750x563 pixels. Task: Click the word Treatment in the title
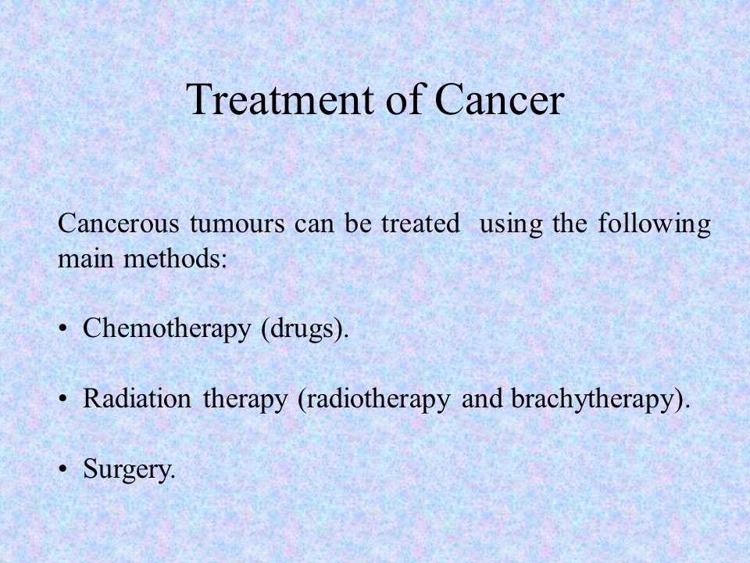pyautogui.click(x=280, y=99)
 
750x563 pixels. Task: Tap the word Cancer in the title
pyautogui.click(x=500, y=99)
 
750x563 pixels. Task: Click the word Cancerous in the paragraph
pyautogui.click(x=118, y=223)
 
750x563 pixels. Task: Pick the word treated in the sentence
pyautogui.click(x=420, y=223)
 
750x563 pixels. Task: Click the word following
pyautogui.click(x=655, y=224)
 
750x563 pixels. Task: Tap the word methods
pyautogui.click(x=175, y=259)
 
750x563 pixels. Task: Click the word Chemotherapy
pyautogui.click(x=167, y=329)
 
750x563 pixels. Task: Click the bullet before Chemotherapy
pyautogui.click(x=62, y=329)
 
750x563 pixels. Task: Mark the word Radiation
pyautogui.click(x=137, y=399)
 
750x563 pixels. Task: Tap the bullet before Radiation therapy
pyautogui.click(x=62, y=399)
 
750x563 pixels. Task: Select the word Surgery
pyautogui.click(x=129, y=469)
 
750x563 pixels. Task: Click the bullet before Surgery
pyautogui.click(x=62, y=469)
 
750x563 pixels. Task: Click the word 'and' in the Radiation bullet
pyautogui.click(x=482, y=399)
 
